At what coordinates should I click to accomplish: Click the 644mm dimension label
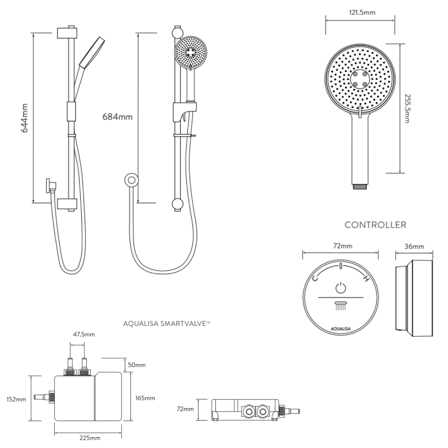point(24,118)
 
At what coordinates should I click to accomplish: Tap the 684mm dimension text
point(117,117)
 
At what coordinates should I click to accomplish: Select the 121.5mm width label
point(362,13)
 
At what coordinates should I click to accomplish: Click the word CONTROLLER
point(375,225)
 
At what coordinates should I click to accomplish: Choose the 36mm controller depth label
point(414,246)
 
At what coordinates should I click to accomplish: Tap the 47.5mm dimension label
point(84,335)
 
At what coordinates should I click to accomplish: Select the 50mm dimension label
point(137,365)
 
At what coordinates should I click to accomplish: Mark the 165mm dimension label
point(145,398)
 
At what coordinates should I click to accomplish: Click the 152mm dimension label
point(16,399)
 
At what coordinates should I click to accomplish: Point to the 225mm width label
point(90,438)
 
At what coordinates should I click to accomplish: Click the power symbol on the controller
point(340,288)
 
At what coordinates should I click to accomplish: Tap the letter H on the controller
point(366,279)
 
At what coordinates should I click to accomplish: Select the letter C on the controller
point(315,279)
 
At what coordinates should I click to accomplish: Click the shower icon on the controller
point(340,305)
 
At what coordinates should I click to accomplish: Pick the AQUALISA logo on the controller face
point(340,329)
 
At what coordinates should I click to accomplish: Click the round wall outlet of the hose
point(131,180)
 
